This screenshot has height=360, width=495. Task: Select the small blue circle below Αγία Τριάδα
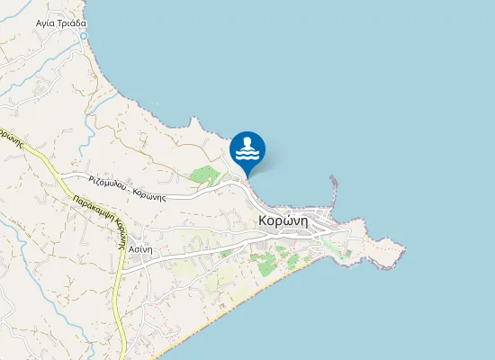(x=84, y=36)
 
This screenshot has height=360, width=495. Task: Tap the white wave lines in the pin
(x=247, y=154)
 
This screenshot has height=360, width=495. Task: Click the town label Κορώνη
(x=283, y=220)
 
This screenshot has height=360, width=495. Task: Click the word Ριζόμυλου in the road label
(x=107, y=182)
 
